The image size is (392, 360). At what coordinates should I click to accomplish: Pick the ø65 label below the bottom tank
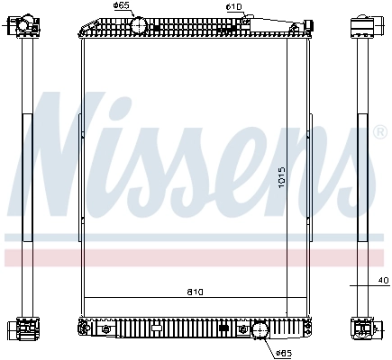(x=283, y=352)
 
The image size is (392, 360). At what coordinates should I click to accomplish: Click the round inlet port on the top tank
(x=140, y=26)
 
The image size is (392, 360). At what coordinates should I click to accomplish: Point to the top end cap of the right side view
(x=363, y=24)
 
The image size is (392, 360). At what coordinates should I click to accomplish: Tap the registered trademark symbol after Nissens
(x=380, y=134)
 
